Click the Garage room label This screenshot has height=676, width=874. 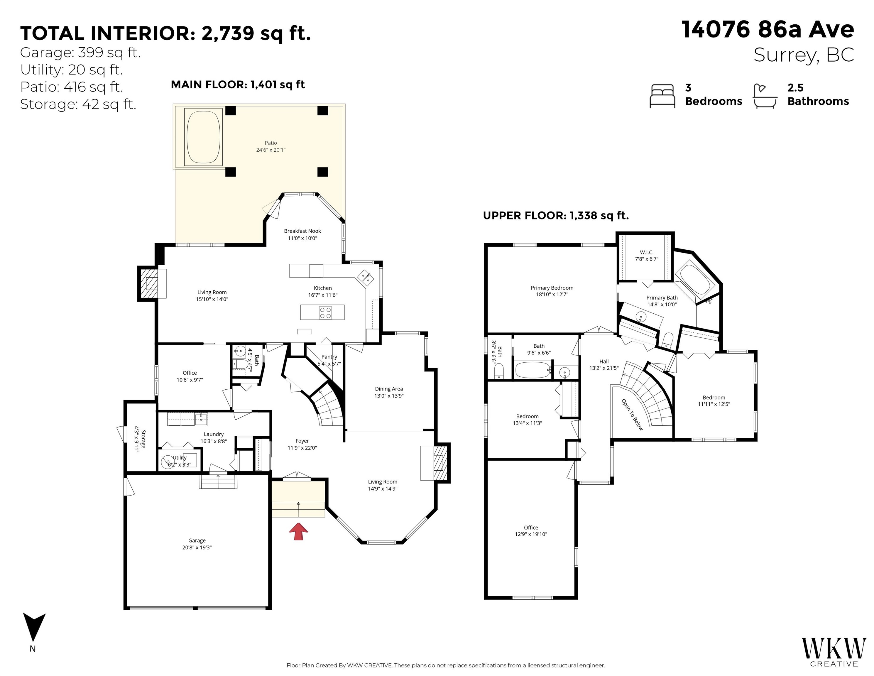(197, 540)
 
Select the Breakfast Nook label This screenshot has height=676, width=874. (302, 231)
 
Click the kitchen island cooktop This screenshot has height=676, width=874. (325, 312)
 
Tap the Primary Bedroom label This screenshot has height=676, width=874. (552, 288)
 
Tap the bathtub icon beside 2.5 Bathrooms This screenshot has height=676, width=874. (765, 96)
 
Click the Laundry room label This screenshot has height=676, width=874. (214, 434)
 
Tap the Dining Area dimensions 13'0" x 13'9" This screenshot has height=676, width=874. (389, 396)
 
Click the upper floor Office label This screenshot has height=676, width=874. (531, 528)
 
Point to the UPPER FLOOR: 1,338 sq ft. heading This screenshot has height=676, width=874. (556, 216)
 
